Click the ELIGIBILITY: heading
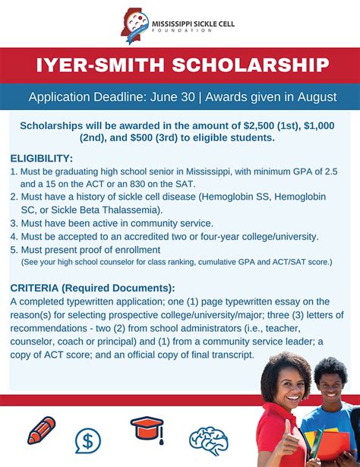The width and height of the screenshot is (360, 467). (x=42, y=159)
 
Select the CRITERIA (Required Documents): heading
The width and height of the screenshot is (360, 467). (x=93, y=288)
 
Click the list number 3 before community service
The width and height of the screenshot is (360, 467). (x=14, y=223)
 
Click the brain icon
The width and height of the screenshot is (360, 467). (x=209, y=440)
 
